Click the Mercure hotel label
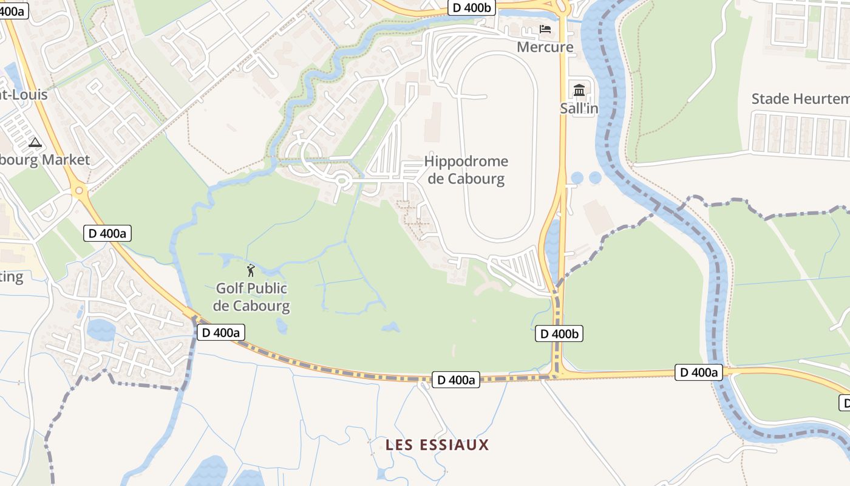point(545,47)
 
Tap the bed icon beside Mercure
point(545,29)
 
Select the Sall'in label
point(579,109)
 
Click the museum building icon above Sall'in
point(579,91)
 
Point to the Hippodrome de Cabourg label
point(466,170)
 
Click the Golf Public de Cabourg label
point(251,296)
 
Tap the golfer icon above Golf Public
point(251,270)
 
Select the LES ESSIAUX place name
point(437,445)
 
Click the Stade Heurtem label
point(800,98)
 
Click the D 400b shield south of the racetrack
point(559,334)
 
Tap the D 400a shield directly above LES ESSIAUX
point(455,380)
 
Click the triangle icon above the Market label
point(35,143)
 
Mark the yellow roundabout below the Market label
point(79,191)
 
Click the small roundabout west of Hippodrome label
point(341,180)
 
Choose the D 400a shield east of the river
point(698,372)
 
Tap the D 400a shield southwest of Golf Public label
point(221,332)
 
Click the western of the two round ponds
point(577,177)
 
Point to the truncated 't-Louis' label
point(23,94)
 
